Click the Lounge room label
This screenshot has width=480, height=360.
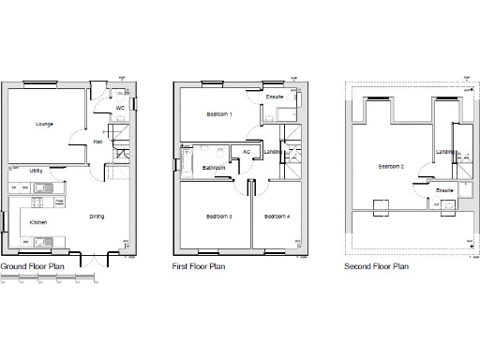click(x=44, y=124)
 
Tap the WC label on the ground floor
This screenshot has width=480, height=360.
click(x=120, y=109)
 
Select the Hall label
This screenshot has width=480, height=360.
click(x=97, y=142)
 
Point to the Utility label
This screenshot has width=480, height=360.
click(x=36, y=172)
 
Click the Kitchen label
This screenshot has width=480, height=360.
click(x=37, y=222)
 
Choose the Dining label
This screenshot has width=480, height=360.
click(x=97, y=217)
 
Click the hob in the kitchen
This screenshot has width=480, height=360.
click(x=40, y=202)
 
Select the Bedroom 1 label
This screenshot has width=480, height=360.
click(x=219, y=115)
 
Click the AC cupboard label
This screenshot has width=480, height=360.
click(x=247, y=152)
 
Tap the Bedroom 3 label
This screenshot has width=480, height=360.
click(x=218, y=217)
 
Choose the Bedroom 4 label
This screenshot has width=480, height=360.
click(x=277, y=217)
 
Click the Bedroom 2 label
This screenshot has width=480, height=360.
click(x=391, y=167)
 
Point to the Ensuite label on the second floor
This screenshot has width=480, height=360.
click(x=445, y=190)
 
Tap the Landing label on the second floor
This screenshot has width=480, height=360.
click(x=446, y=152)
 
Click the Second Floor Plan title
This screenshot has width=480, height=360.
click(x=377, y=266)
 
